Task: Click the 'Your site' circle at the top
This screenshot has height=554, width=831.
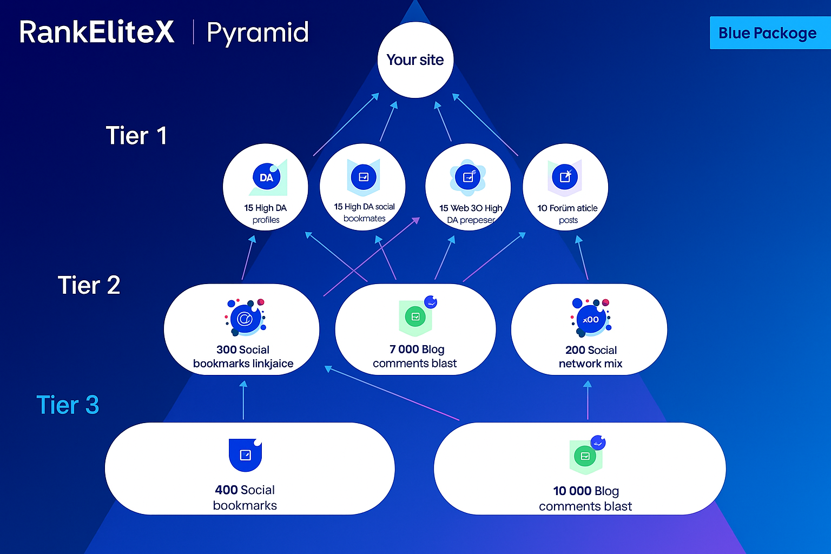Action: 415,60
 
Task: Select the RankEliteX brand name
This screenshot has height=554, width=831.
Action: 96,32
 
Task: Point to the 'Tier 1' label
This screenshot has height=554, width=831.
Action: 136,135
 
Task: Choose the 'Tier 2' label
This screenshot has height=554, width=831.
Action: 89,285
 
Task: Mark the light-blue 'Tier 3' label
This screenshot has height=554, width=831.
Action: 68,405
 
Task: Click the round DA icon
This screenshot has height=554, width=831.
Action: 266,177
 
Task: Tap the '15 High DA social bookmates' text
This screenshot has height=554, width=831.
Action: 364,212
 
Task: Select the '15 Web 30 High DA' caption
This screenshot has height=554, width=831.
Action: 471,214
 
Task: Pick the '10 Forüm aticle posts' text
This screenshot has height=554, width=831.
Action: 568,214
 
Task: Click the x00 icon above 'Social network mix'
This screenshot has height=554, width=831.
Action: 591,318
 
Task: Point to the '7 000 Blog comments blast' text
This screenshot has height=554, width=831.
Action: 415,356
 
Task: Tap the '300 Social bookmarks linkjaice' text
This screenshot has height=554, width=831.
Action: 243,356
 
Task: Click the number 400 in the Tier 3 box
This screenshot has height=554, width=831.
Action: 226,490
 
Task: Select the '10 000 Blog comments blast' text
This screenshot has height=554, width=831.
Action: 585,498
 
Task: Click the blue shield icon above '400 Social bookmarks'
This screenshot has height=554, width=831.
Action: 245,455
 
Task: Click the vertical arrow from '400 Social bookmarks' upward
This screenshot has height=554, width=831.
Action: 243,400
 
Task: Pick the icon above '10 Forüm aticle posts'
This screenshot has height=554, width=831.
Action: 565,177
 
